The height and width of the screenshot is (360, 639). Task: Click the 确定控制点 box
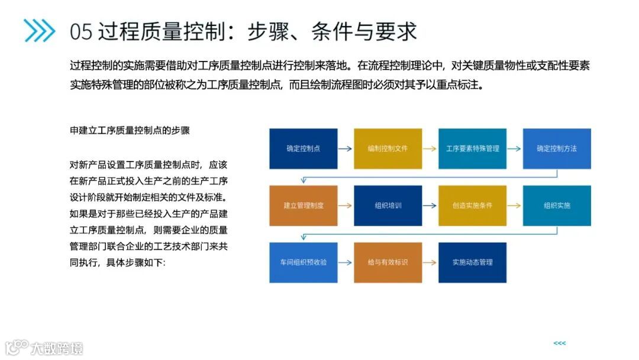[x=304, y=149]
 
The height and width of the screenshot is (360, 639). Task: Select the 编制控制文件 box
[x=388, y=149]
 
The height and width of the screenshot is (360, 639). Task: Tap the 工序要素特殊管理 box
[x=472, y=149]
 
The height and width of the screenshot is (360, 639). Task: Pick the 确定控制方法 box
[x=557, y=149]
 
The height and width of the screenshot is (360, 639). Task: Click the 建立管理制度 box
[x=304, y=205]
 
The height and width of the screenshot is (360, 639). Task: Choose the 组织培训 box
[x=388, y=205]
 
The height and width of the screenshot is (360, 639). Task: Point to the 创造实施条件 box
[x=472, y=205]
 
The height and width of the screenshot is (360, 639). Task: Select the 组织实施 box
[x=557, y=205]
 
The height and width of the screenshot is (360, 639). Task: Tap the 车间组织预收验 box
[x=304, y=262]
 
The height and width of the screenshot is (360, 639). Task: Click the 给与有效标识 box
[x=388, y=262]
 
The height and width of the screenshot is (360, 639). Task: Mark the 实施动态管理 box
[x=472, y=262]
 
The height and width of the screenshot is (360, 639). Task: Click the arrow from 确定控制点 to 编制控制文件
[x=346, y=149]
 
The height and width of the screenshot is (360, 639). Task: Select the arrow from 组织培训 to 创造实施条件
[x=430, y=205]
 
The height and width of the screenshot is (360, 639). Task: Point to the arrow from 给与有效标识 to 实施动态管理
[x=430, y=262]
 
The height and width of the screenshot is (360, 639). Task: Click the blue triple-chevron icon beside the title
[x=40, y=31]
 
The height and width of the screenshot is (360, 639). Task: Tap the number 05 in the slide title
[x=81, y=31]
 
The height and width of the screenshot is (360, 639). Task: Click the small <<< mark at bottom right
[x=559, y=343]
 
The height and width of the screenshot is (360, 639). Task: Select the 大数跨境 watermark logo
[x=44, y=347]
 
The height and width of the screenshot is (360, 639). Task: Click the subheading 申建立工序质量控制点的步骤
[x=130, y=130]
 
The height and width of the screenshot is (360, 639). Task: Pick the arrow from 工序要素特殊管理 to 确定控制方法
[x=515, y=149]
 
